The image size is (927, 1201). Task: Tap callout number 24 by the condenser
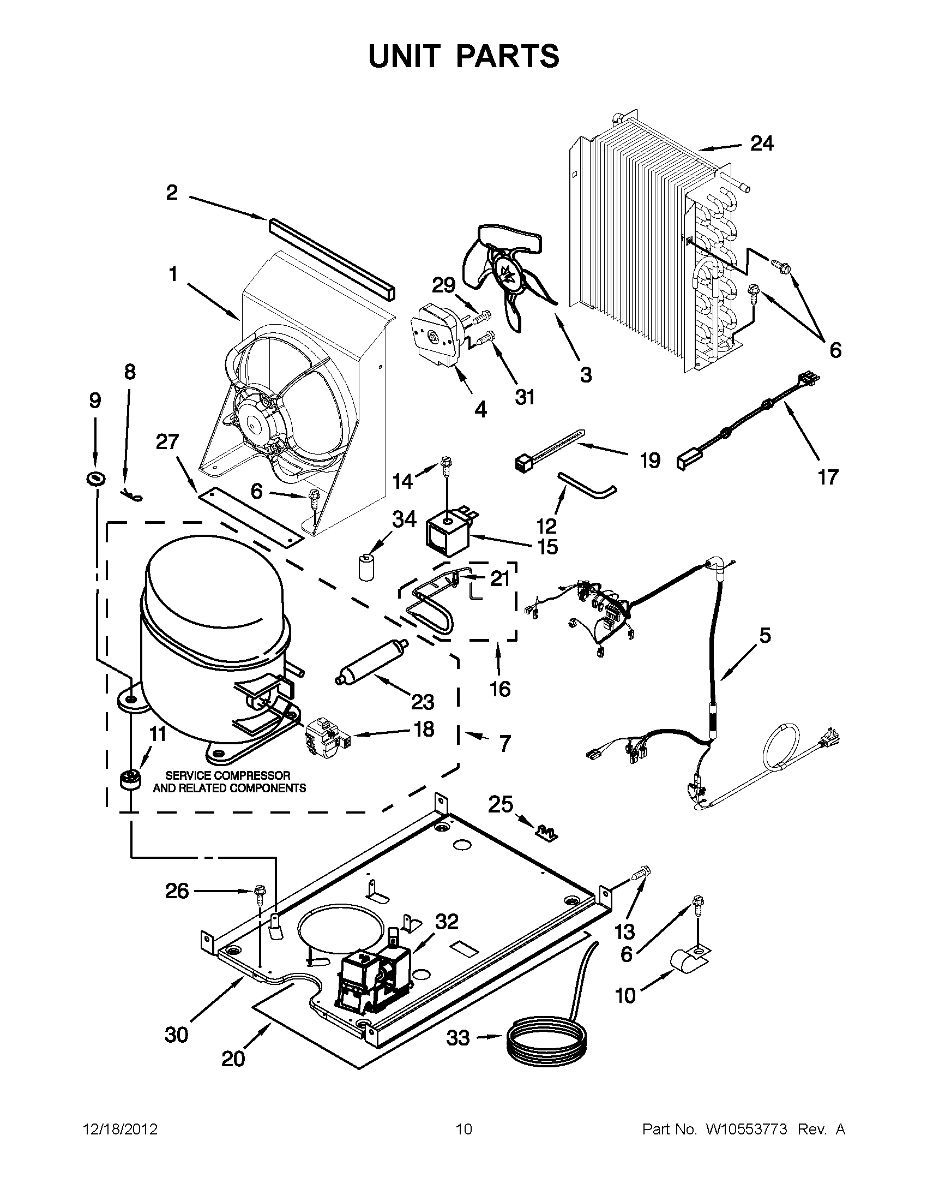[x=762, y=144]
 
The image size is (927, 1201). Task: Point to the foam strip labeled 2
[x=332, y=259]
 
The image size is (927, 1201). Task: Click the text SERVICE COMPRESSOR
[x=228, y=775]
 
